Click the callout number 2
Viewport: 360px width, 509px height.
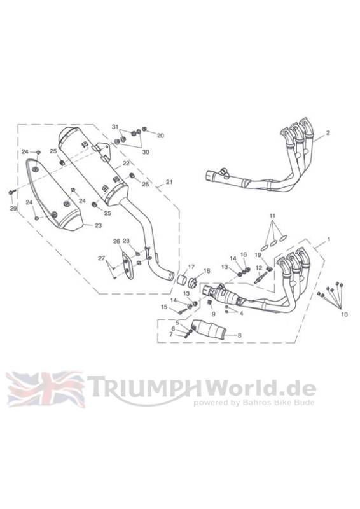[x=328, y=133]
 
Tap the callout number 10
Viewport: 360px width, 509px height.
[x=345, y=314]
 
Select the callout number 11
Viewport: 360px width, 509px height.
[x=272, y=215]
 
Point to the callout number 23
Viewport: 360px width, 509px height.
[x=99, y=225]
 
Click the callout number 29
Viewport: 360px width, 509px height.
[x=13, y=209]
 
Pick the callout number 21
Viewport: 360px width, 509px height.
[x=169, y=182]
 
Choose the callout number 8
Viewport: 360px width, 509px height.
[x=240, y=335]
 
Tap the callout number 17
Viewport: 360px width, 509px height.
[x=191, y=267]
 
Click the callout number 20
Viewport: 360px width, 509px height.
[x=160, y=136]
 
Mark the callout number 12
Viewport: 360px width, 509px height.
[x=258, y=268]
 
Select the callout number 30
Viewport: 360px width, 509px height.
[x=146, y=151]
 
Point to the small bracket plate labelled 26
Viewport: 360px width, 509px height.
[x=127, y=266]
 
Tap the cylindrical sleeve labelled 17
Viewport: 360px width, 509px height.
[x=181, y=280]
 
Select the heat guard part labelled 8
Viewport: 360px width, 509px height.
[x=208, y=329]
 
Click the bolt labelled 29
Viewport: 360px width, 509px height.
[x=11, y=193]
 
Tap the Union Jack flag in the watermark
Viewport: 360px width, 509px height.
[x=45, y=389]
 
